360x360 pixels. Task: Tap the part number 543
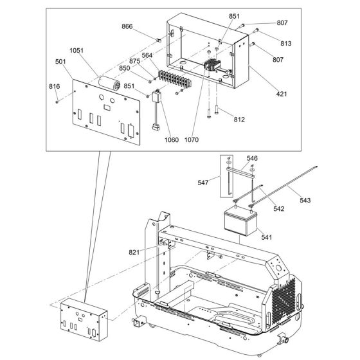[x=305, y=200]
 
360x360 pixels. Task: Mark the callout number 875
[x=134, y=62]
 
